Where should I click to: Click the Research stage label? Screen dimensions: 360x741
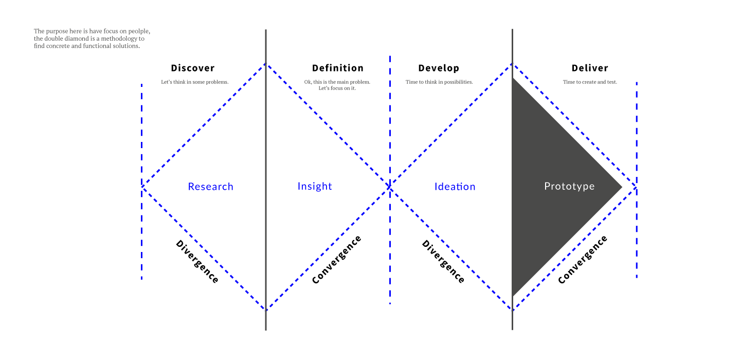(x=211, y=187)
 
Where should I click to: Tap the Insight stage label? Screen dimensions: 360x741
(x=315, y=186)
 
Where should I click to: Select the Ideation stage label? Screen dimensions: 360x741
(x=455, y=187)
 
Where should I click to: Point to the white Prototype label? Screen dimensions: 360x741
(x=569, y=186)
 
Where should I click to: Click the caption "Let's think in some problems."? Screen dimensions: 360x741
(x=194, y=82)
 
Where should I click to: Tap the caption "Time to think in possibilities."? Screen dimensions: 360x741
(x=439, y=82)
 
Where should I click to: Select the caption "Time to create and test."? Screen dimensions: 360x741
(x=590, y=82)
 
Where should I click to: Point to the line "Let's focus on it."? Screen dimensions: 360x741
(x=337, y=88)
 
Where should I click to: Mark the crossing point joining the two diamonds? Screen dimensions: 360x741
(x=390, y=187)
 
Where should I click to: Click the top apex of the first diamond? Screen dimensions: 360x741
(x=266, y=63)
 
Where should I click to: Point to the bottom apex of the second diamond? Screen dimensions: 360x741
(x=513, y=310)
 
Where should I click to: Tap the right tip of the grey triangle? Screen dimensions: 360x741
(x=622, y=187)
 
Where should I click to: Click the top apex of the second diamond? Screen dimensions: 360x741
(x=513, y=63)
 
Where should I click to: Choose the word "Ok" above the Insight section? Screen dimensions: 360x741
(x=308, y=82)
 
